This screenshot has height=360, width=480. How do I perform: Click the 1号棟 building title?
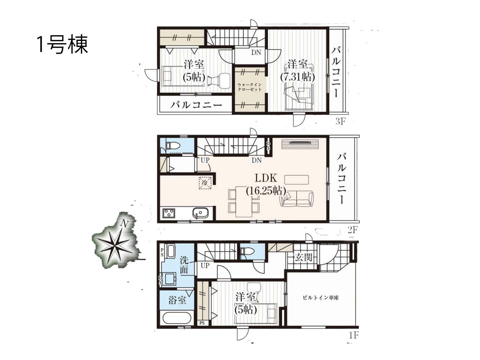click(x=63, y=45)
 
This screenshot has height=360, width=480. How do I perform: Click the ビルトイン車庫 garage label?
click(x=321, y=298)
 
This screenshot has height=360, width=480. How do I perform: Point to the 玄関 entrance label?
click(x=303, y=257)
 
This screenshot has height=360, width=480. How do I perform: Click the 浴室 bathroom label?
click(x=177, y=300)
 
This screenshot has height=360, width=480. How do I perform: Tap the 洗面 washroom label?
click(x=184, y=265)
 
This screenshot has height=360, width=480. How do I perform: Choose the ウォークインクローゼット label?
click(x=249, y=87)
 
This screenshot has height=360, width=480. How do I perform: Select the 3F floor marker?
click(x=340, y=121)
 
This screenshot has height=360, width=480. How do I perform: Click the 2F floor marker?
click(x=352, y=230)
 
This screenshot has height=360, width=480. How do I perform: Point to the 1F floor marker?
click(x=353, y=341)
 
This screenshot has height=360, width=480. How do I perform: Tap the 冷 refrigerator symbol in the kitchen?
click(x=205, y=183)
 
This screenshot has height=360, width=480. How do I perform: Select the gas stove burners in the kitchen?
click(x=169, y=213)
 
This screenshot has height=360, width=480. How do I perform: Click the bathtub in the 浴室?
click(x=177, y=320)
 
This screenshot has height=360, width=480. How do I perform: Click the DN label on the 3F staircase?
click(x=256, y=52)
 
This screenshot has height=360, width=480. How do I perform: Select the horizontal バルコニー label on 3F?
click(x=196, y=105)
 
